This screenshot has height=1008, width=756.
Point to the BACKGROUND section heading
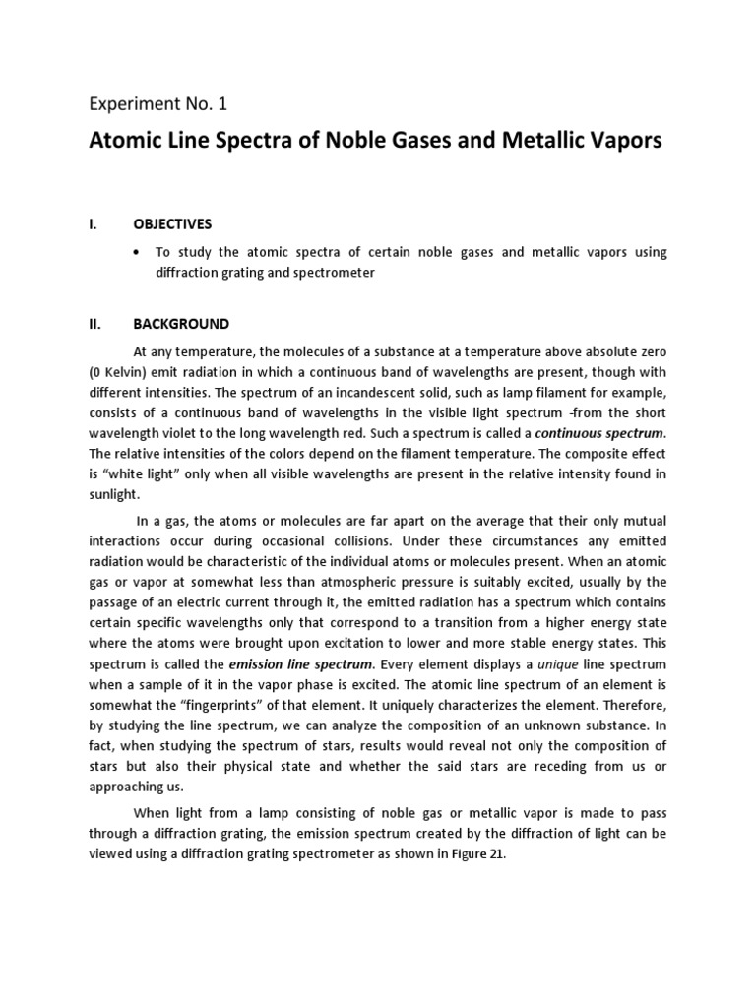(181, 323)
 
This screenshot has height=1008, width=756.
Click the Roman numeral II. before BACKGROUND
(96, 323)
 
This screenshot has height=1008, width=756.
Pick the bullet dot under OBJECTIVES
(137, 253)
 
